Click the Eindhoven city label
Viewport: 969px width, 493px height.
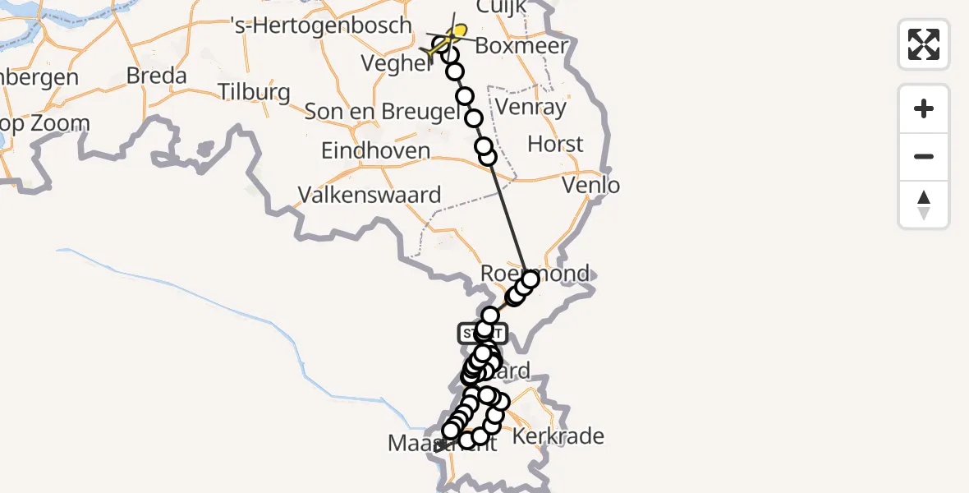(375, 151)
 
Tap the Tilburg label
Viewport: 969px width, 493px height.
(254, 91)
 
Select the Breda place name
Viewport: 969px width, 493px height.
(156, 76)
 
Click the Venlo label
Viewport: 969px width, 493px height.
(591, 185)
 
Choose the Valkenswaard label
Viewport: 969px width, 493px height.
(370, 195)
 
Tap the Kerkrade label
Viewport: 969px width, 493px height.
(558, 436)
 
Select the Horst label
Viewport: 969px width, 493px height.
(555, 144)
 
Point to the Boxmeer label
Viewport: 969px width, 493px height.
(521, 46)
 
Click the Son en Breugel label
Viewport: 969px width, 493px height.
(382, 112)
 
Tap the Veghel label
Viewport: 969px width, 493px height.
(395, 64)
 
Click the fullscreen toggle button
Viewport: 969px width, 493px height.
(924, 44)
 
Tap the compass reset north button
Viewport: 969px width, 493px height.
(924, 205)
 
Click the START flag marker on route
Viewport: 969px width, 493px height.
(482, 333)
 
